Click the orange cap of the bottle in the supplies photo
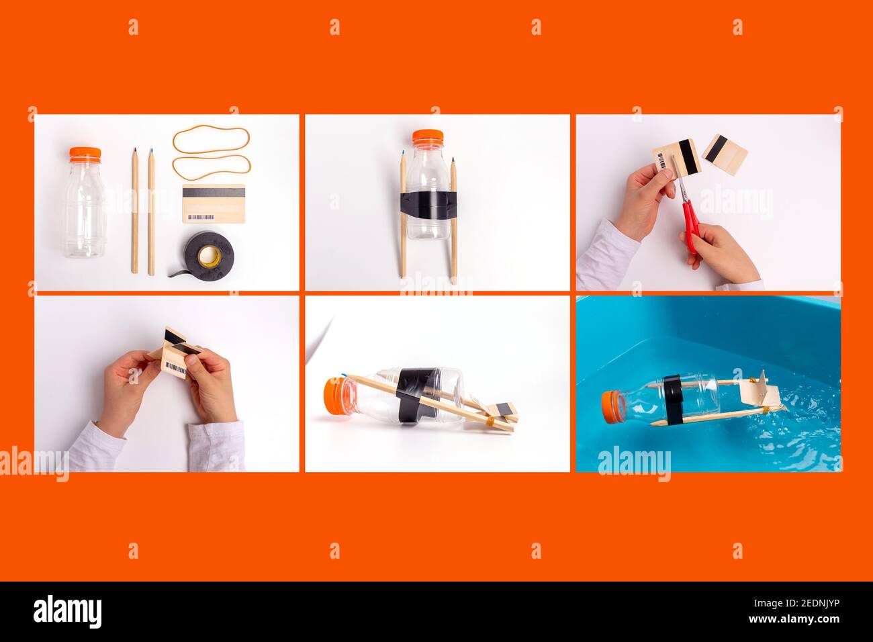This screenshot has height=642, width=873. click(85, 154)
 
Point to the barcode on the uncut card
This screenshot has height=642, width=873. click(201, 217)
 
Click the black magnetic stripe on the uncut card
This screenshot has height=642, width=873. click(214, 192)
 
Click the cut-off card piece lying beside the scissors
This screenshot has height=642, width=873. click(725, 154)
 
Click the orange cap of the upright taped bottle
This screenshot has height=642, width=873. click(428, 137)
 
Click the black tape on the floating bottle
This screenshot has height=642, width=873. click(673, 400)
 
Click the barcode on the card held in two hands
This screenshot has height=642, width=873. click(176, 368)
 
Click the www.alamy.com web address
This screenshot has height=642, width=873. click(794, 619)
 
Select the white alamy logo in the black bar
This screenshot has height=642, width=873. click(67, 612)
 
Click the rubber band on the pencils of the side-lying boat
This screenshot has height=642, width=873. click(490, 420)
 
